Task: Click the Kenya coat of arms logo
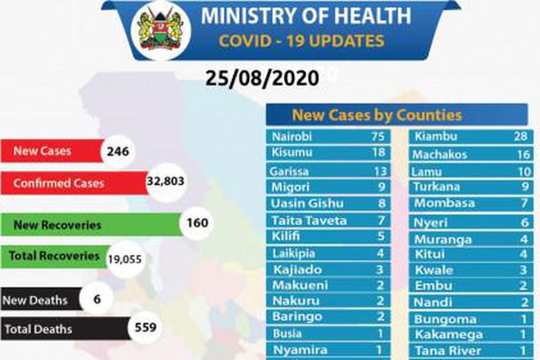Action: [x=160, y=30]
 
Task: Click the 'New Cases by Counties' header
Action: [x=376, y=116]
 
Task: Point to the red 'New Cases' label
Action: [x=43, y=151]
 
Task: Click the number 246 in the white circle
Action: [x=117, y=151]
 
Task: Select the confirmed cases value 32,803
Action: [x=166, y=183]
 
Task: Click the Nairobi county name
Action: [x=292, y=137]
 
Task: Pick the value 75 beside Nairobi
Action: [x=376, y=137]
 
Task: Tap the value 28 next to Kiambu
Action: [x=522, y=137]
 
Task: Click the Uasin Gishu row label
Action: [x=305, y=204]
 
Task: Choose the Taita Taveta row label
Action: [x=309, y=220]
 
